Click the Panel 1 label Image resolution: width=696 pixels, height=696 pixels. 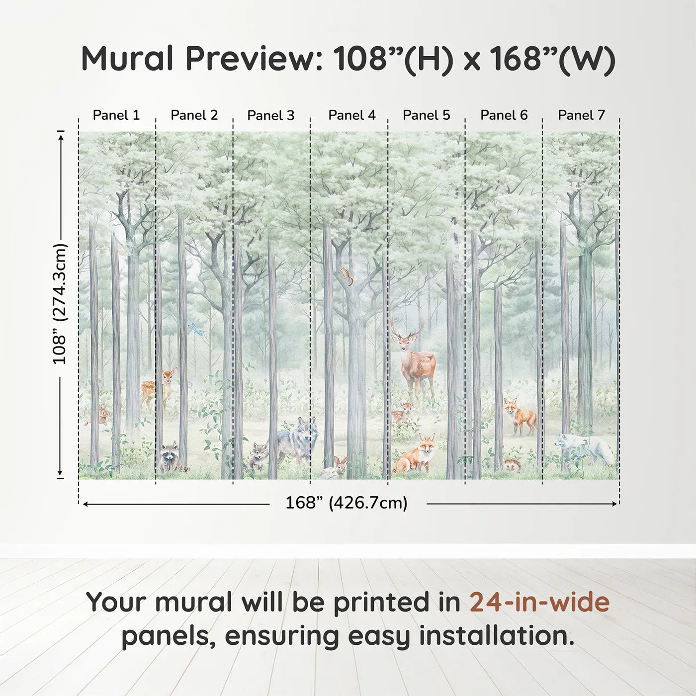coord(116,115)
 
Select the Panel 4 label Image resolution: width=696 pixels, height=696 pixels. coord(351,115)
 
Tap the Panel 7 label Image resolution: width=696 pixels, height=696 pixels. coord(581,115)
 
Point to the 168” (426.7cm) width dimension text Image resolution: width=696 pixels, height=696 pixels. coord(346,503)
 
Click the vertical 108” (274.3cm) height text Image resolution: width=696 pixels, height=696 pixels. coord(60,304)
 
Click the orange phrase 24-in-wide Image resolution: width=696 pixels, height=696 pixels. coord(539,603)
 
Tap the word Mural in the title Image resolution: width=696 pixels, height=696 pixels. coord(127,59)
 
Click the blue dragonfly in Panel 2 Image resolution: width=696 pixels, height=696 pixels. coord(196,330)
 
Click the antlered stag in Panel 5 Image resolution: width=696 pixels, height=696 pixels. coord(415,358)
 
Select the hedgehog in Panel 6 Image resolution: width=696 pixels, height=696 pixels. coord(513,466)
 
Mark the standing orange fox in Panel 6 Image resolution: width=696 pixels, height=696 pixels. coord(520,415)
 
